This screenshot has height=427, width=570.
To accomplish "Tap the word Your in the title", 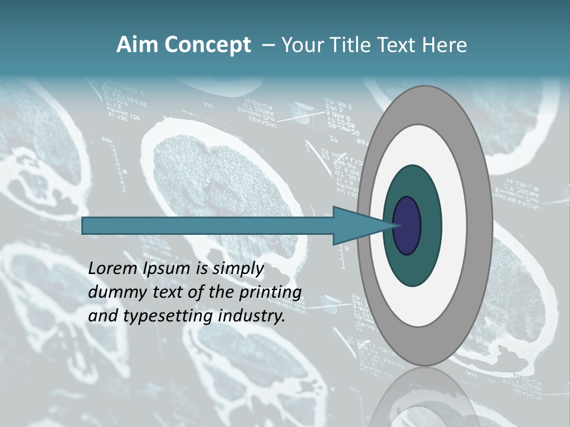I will click(x=302, y=45).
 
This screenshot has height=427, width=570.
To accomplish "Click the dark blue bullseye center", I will click(x=407, y=226).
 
